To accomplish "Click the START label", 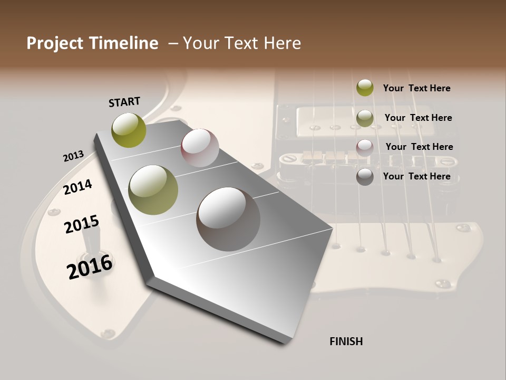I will pyautogui.click(x=124, y=102).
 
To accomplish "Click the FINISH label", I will pyautogui.click(x=346, y=341).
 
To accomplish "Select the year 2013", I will pyautogui.click(x=73, y=156).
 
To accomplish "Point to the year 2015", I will pyautogui.click(x=82, y=224).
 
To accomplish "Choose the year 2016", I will pyautogui.click(x=90, y=267).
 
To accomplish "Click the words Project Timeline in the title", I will pyautogui.click(x=92, y=43).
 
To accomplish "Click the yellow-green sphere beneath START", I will pyautogui.click(x=129, y=130).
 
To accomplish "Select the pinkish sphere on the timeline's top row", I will pyautogui.click(x=200, y=148).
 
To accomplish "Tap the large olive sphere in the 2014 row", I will pyautogui.click(x=153, y=190).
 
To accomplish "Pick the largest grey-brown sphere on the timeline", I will pyautogui.click(x=228, y=219).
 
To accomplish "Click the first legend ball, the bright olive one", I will pyautogui.click(x=365, y=88).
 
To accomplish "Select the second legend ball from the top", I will pyautogui.click(x=365, y=118).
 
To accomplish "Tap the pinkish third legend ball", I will pyautogui.click(x=365, y=148).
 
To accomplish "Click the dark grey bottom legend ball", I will pyautogui.click(x=365, y=177).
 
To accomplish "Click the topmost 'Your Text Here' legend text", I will pyautogui.click(x=416, y=88).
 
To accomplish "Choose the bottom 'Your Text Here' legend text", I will pyautogui.click(x=416, y=176).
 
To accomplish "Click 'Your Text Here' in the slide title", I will pyautogui.click(x=242, y=43).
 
